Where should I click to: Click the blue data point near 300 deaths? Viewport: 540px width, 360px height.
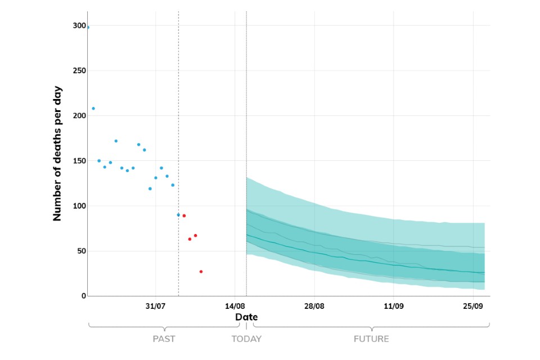[x=88, y=27]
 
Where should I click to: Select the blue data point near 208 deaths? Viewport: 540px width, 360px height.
[x=93, y=109]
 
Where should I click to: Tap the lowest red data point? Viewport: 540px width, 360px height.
[x=201, y=272]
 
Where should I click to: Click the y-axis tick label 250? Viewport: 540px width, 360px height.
[x=79, y=71]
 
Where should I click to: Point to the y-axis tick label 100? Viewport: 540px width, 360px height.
[x=79, y=206]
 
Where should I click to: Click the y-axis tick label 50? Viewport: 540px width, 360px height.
[x=82, y=251]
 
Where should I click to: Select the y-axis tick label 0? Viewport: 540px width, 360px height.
[x=83, y=296]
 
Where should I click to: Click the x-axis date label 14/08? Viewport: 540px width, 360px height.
[x=235, y=307]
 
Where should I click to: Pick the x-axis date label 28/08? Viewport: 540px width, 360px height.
[x=314, y=307]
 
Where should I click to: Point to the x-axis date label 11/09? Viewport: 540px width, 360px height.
[x=393, y=307]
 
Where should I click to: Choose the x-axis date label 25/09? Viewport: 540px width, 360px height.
[x=473, y=307]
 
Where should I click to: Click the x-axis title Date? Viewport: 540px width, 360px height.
[x=246, y=317]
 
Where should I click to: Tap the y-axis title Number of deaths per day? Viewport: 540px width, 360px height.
[x=57, y=153]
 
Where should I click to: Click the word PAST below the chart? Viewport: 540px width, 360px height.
[x=164, y=339]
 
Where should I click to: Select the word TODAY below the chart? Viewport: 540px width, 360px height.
[x=246, y=339]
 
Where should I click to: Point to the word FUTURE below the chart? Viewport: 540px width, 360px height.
[x=371, y=339]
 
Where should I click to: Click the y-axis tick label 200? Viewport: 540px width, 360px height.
[x=79, y=116]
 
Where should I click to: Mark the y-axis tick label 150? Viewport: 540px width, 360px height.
[x=79, y=161]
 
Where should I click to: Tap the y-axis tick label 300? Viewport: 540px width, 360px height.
[x=79, y=26]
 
